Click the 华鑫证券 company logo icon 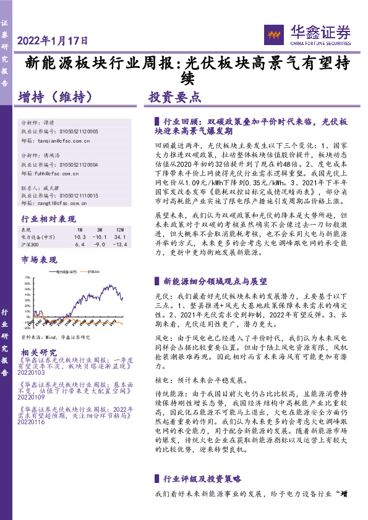point(273,35)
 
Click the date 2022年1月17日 point(53,41)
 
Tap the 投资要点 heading point(174,97)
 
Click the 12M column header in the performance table point(116,230)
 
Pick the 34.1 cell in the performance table point(116,237)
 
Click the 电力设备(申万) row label point(38,237)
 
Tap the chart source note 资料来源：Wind point(56,337)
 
